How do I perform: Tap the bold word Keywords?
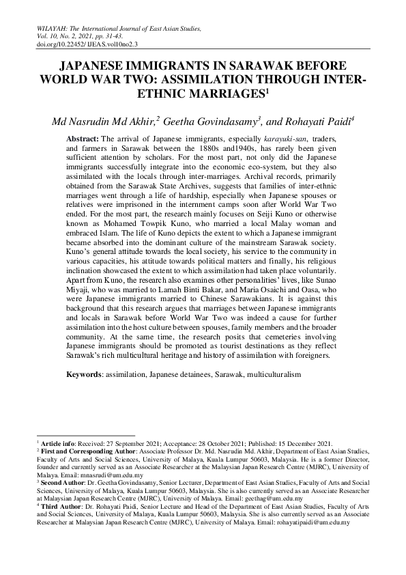click(x=85, y=375)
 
